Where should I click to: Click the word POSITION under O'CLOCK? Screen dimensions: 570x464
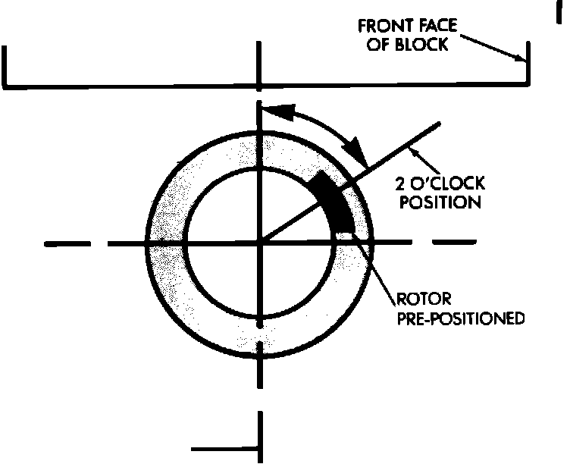click(439, 202)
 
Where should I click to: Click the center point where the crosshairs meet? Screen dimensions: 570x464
click(261, 243)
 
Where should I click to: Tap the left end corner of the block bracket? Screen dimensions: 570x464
click(6, 82)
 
